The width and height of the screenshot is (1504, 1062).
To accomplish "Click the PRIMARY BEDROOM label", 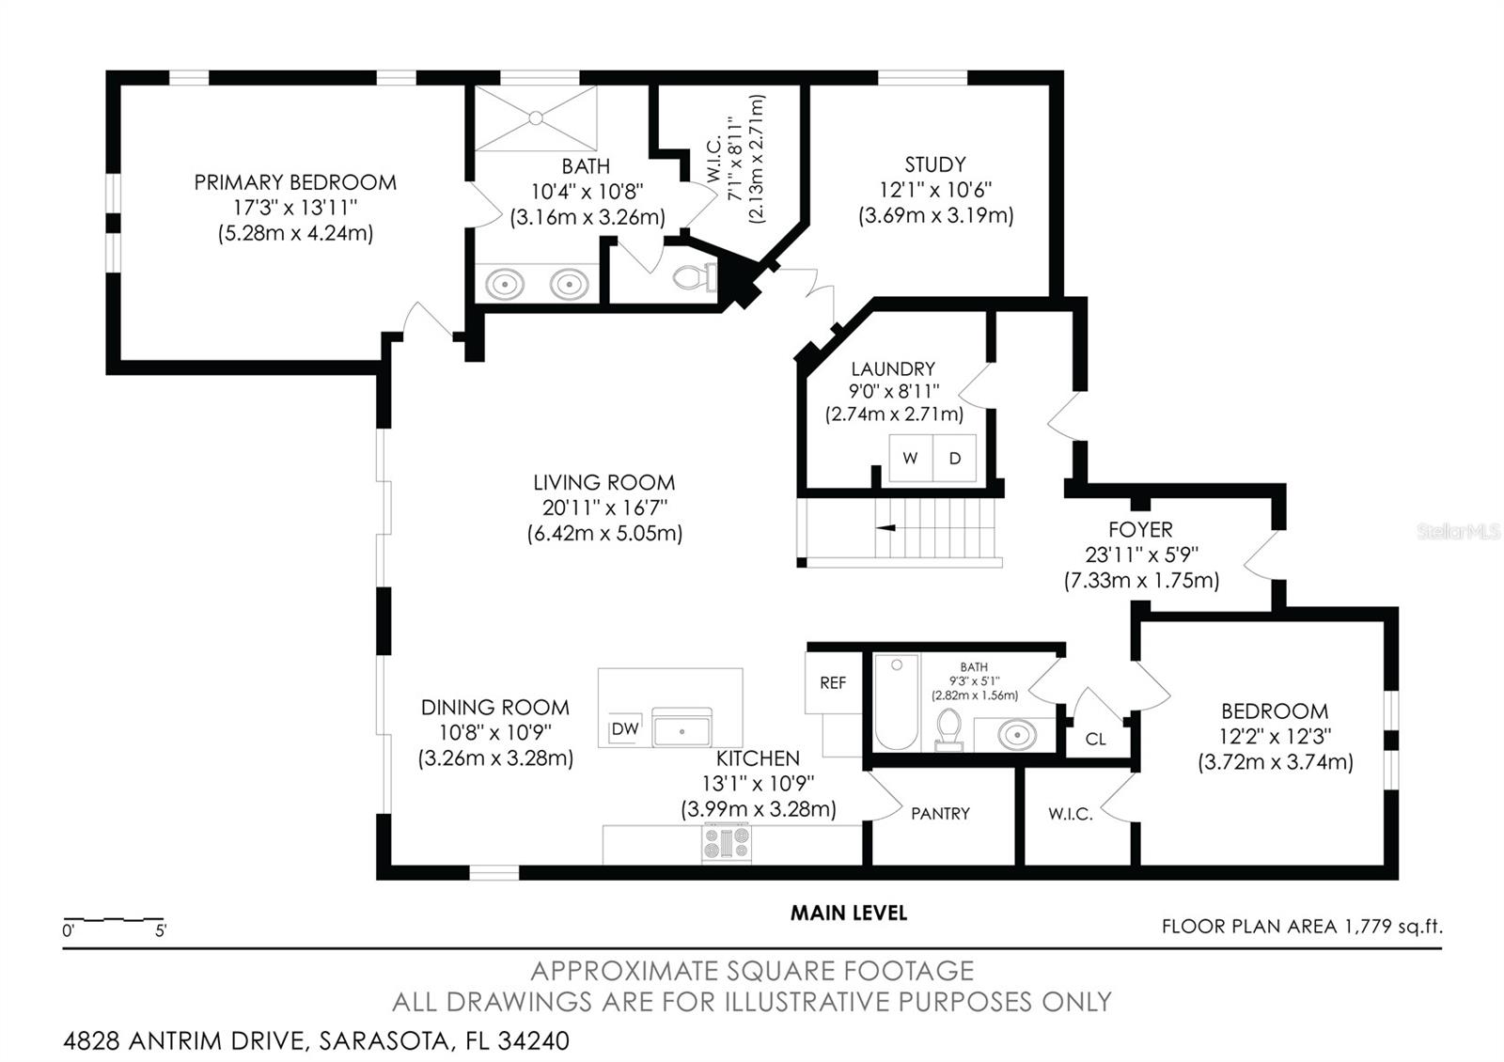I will pyautogui.click(x=295, y=182).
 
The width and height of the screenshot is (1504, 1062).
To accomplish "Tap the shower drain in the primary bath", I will pyautogui.click(x=535, y=118).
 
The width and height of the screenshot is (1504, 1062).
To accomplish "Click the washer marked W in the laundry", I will pyautogui.click(x=910, y=459).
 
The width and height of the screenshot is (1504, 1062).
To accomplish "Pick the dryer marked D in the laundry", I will pyautogui.click(x=955, y=459).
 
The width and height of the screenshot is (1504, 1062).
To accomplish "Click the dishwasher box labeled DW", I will pyautogui.click(x=625, y=728).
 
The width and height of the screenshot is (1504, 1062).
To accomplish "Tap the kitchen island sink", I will pyautogui.click(x=681, y=730).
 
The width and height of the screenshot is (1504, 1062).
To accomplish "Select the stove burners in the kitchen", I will pyautogui.click(x=727, y=841).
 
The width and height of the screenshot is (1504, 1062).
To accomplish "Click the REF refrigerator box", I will pyautogui.click(x=833, y=683).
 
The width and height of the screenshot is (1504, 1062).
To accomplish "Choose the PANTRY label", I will pyautogui.click(x=940, y=814).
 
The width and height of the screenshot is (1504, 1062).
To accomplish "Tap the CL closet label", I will pyautogui.click(x=1096, y=740).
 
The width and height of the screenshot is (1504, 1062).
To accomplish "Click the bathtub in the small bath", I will pyautogui.click(x=897, y=702).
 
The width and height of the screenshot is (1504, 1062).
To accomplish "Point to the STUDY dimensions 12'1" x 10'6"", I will pyautogui.click(x=935, y=190).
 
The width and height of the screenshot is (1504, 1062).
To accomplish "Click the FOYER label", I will pyautogui.click(x=1140, y=529).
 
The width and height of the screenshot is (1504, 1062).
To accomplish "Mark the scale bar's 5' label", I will pyautogui.click(x=161, y=931).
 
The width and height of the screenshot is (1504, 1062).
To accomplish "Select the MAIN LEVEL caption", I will pyautogui.click(x=848, y=913).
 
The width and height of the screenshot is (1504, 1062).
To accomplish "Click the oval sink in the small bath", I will pyautogui.click(x=1017, y=734).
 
